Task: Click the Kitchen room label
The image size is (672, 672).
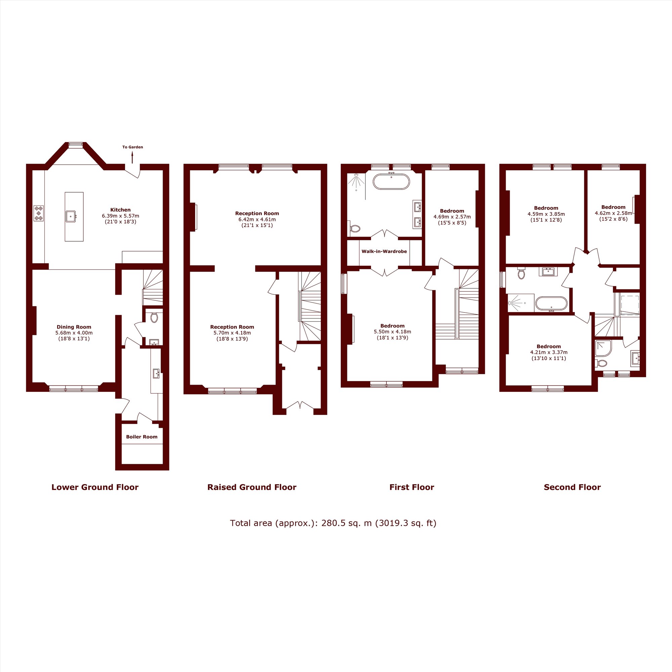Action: tap(120, 210)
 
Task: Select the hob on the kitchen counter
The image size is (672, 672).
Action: tap(39, 213)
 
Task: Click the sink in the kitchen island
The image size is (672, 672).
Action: tap(71, 216)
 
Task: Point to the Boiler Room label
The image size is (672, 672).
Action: tap(141, 437)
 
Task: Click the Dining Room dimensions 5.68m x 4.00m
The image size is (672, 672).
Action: tap(74, 333)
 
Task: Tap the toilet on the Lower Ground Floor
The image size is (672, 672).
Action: tap(154, 317)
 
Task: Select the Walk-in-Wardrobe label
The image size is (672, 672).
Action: tap(384, 251)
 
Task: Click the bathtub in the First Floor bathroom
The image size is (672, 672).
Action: tap(391, 181)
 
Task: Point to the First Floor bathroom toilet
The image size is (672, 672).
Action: tap(354, 228)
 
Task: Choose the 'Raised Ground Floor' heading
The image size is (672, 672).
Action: tap(252, 487)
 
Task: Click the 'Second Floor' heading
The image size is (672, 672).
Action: tap(572, 487)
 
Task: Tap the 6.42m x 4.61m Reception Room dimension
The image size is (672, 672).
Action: tap(257, 219)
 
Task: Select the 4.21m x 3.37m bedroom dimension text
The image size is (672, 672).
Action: tap(549, 352)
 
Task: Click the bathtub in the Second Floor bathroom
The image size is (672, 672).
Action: tap(551, 304)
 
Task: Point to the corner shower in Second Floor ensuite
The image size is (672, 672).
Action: tap(603, 348)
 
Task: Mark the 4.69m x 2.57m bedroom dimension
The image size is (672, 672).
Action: tap(452, 217)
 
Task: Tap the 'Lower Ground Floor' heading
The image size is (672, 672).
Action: tap(95, 487)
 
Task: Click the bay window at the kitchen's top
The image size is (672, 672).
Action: tap(76, 145)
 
